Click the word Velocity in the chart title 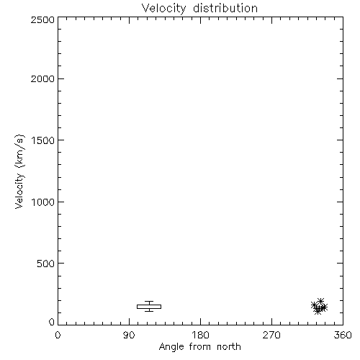[x=164, y=9]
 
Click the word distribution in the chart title [x=225, y=8]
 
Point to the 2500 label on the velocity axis [x=42, y=19]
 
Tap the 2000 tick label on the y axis [x=42, y=78]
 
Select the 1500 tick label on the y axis [x=43, y=140]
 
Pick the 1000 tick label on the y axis [x=43, y=202]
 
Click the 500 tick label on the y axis [x=46, y=264]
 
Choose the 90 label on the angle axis [x=129, y=335]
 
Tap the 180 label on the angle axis [x=200, y=335]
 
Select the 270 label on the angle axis [x=271, y=335]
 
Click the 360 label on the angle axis [x=343, y=335]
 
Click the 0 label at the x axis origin [x=58, y=335]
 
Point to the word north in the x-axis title [x=229, y=346]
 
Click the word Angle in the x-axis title [x=171, y=347]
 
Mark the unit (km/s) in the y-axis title [x=19, y=150]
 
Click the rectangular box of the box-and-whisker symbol [x=149, y=305]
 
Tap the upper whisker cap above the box [x=149, y=301]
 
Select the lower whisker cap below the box [x=149, y=311]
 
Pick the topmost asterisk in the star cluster [x=320, y=301]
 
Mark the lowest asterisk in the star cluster [x=318, y=311]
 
